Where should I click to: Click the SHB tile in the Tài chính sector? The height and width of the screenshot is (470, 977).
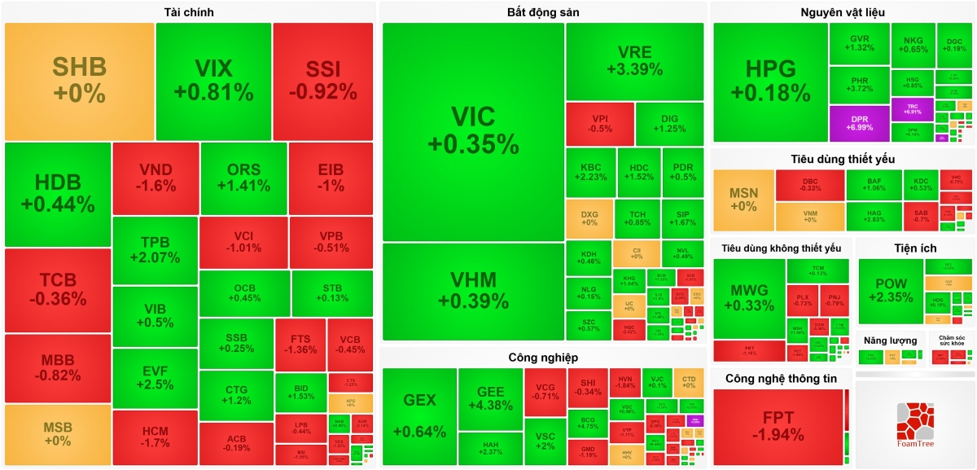coord(79,80)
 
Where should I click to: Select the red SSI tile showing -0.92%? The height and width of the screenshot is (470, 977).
coord(322,80)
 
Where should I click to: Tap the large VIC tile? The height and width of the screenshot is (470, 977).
coord(473,130)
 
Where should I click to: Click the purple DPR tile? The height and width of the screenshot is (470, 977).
coord(859,124)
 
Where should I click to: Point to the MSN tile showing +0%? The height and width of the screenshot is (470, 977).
coord(743,200)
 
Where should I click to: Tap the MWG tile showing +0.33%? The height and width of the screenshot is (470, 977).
coord(748,297)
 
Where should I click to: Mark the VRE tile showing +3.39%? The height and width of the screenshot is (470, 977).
coord(634,61)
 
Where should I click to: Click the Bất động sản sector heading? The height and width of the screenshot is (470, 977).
coord(542,12)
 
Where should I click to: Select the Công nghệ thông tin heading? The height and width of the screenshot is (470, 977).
coord(781,379)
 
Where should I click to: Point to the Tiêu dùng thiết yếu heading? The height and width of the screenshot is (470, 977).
coord(842,159)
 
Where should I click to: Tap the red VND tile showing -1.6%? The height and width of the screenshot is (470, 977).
coord(156,178)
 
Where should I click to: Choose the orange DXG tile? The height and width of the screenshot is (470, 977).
coord(589,219)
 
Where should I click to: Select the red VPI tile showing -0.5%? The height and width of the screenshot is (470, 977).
coord(600,123)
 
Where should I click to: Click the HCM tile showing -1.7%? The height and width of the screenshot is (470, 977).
coord(155,437)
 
